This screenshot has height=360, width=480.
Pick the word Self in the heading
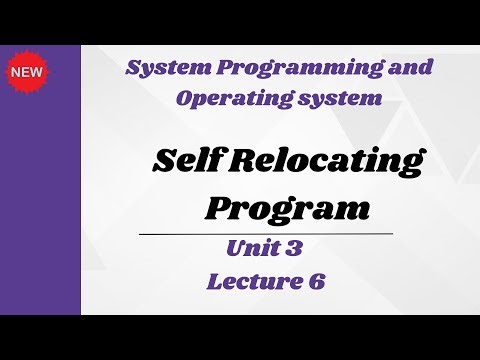click(188, 160)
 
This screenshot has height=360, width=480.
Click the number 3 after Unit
click(296, 247)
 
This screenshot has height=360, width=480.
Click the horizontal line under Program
click(264, 232)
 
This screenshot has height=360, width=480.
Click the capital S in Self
click(163, 160)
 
